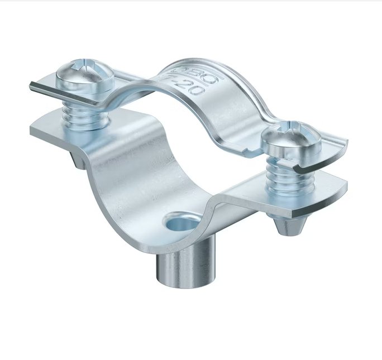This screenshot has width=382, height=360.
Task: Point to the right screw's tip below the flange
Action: tap(289, 227)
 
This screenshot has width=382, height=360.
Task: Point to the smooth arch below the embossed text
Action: tap(223, 112)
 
